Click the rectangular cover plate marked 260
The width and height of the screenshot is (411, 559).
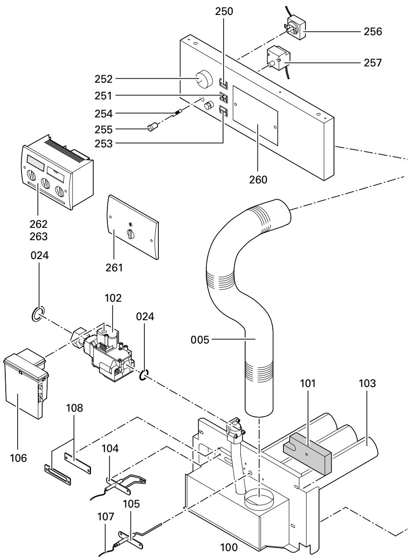(256, 116)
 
